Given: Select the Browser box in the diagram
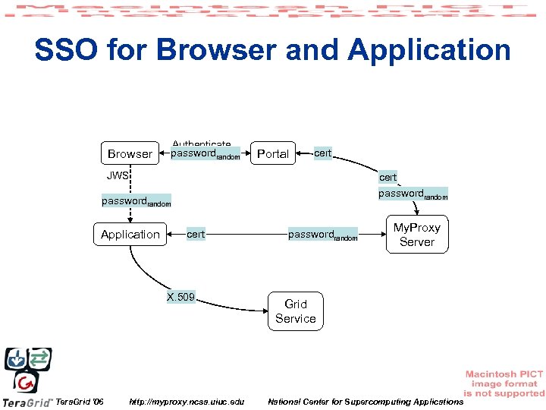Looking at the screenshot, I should point(130,154).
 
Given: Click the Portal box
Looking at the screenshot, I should point(273,154).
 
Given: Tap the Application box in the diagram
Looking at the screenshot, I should point(130,235).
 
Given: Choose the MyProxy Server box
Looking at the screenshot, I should point(416,235).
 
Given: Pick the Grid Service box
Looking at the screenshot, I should point(296,311).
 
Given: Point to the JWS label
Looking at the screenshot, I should point(118,175).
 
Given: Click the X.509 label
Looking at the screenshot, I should point(181,297).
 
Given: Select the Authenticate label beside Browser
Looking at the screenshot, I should point(202,144).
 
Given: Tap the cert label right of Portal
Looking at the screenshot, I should point(323,153).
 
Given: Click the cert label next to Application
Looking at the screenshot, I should point(196,235).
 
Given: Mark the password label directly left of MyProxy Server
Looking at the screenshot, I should point(322,235).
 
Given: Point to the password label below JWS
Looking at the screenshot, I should point(136,202).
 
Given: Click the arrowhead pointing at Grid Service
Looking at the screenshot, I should point(262,310).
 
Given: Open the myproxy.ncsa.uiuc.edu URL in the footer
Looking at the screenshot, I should point(187,401).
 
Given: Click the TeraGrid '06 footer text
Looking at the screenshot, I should point(80,401).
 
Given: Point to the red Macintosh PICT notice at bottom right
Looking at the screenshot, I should point(504,383).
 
